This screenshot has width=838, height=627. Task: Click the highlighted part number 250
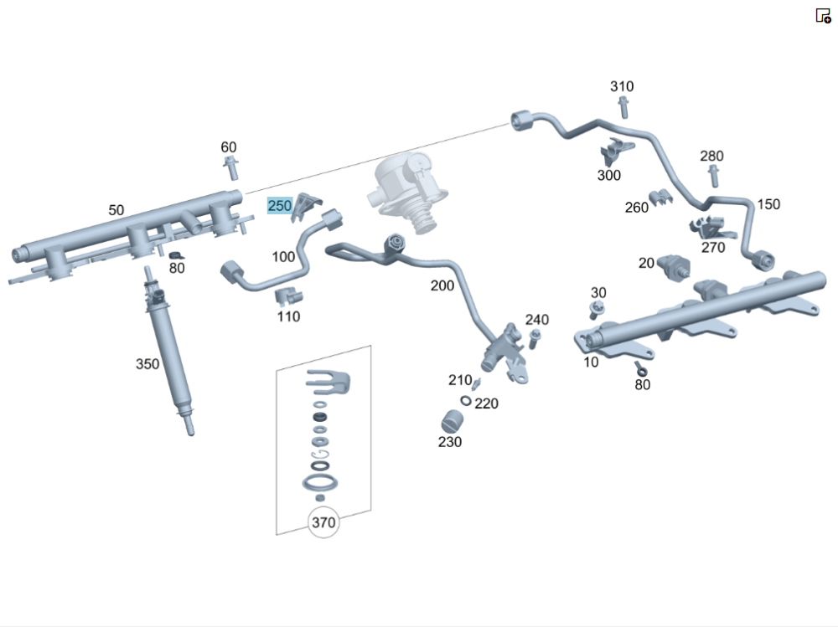tap(279, 206)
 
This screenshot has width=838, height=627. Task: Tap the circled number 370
tap(323, 523)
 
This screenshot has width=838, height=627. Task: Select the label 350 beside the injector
tap(147, 363)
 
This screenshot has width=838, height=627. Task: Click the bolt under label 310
tap(623, 107)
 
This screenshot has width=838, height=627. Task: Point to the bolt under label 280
tap(713, 176)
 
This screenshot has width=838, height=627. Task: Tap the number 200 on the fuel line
tap(442, 286)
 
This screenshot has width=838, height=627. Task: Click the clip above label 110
tap(287, 296)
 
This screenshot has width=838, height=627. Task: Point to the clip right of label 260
tap(662, 199)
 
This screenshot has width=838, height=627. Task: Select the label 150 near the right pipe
tap(768, 204)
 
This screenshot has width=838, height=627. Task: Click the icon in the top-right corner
tap(823, 15)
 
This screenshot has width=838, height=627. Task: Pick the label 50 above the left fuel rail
tap(116, 209)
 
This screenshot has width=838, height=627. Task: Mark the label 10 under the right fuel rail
tap(592, 362)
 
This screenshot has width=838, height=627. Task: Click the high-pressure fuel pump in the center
tap(401, 191)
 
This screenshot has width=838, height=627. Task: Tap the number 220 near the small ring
tap(487, 403)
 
